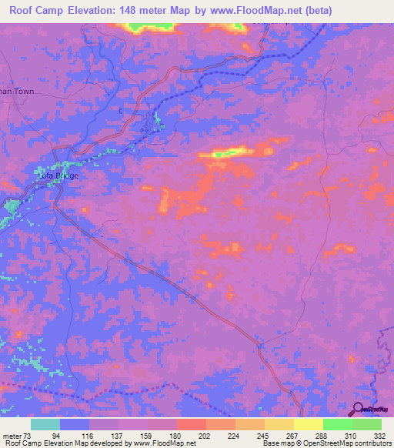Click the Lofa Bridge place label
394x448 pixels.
point(58,176)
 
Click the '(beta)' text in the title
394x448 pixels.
point(364,10)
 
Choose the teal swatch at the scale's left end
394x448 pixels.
point(45,424)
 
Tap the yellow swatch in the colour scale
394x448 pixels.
point(308,424)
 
